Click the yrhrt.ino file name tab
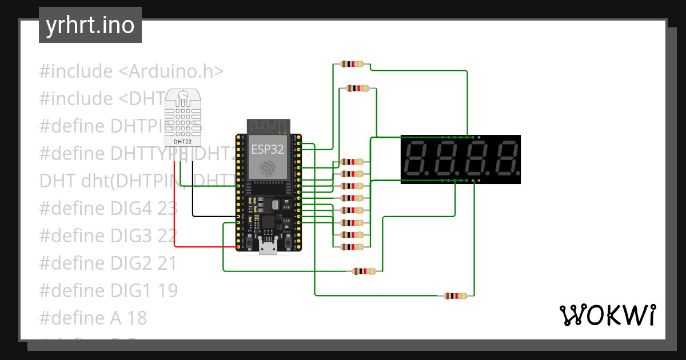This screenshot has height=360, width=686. click(x=90, y=25)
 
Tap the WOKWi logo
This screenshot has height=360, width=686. click(x=607, y=315)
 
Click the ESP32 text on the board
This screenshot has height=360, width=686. click(x=268, y=149)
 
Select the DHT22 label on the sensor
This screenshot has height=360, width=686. click(x=184, y=141)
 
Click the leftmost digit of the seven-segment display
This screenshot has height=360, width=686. click(x=416, y=159)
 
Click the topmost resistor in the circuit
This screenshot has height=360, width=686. click(x=352, y=64)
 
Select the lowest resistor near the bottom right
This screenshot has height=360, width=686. click(x=456, y=296)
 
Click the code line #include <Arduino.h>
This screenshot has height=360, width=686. click(x=131, y=71)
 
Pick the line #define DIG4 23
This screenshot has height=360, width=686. click(x=108, y=208)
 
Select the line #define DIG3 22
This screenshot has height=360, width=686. click(x=108, y=235)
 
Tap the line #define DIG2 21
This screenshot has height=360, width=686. click(x=107, y=263)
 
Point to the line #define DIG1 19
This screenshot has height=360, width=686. click(x=108, y=290)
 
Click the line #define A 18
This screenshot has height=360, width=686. click(x=93, y=318)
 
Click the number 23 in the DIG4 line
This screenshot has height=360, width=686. click(x=167, y=208)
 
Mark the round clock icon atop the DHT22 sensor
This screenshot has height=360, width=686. click(x=184, y=95)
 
